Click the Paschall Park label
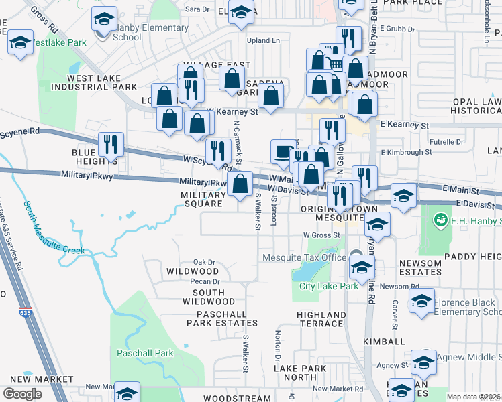(x=145, y=353)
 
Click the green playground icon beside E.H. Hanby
(x=441, y=219)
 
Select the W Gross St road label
(x=322, y=235)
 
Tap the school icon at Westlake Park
(x=20, y=43)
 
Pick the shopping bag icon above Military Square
(x=240, y=183)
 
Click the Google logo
(x=22, y=394)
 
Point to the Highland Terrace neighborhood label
(x=321, y=318)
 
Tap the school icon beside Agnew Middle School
(x=423, y=362)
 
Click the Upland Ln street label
(x=263, y=41)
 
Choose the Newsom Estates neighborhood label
(x=420, y=268)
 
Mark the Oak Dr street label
(x=204, y=262)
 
